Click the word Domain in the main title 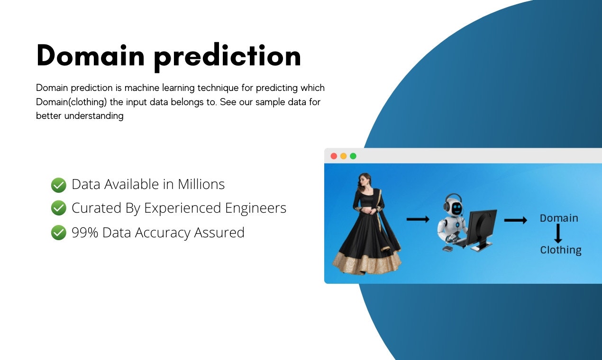click(x=90, y=56)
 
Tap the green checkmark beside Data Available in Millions click(x=58, y=185)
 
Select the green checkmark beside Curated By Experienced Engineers click(x=58, y=208)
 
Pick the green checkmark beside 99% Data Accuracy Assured click(x=58, y=233)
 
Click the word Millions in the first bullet click(x=201, y=184)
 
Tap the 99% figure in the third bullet click(x=85, y=233)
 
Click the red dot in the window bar click(x=334, y=156)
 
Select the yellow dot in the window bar click(x=343, y=156)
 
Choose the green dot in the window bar click(x=353, y=156)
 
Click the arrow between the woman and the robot click(x=418, y=219)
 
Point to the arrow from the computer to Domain click(x=515, y=220)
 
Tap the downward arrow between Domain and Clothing click(x=558, y=234)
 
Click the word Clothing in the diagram click(x=561, y=250)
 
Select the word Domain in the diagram click(x=559, y=218)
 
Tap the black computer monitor click(x=483, y=228)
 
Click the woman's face click(x=365, y=181)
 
